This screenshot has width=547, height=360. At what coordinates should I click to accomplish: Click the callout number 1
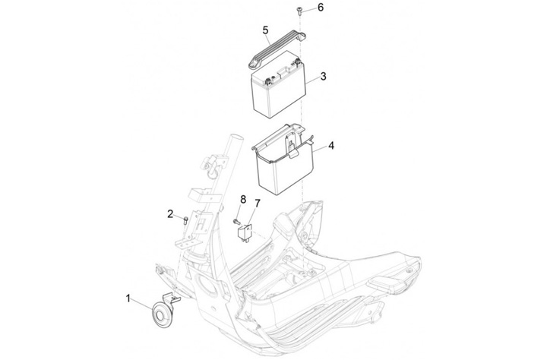[x=128, y=298]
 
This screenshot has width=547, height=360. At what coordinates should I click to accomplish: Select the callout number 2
[x=170, y=213]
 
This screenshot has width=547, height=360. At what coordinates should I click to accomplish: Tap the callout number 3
[x=324, y=76]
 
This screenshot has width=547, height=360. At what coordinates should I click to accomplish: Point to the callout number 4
[x=331, y=146]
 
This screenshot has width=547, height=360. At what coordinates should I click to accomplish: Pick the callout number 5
[x=266, y=30]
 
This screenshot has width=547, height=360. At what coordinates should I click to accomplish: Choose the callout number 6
[x=321, y=7]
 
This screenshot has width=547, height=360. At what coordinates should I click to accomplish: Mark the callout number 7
[x=258, y=203]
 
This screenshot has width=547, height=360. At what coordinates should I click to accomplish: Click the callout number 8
[x=243, y=199]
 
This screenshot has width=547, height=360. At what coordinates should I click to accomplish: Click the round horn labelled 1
[x=163, y=315]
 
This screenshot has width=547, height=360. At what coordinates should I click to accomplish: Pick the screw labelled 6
[x=299, y=11]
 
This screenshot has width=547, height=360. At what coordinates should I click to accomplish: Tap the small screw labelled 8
[x=236, y=221]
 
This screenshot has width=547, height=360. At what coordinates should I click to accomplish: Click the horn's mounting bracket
[x=172, y=298]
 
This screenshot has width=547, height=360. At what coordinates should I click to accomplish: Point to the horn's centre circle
[x=160, y=316]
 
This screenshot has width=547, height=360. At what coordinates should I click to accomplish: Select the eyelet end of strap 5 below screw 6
[x=302, y=36]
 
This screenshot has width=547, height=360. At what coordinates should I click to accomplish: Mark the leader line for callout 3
[x=313, y=80]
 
